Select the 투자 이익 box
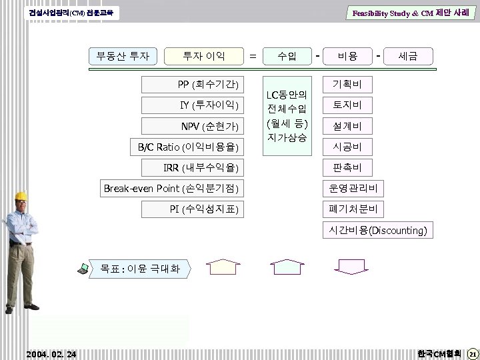(x=205, y=56)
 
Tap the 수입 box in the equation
(x=287, y=57)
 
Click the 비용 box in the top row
(x=347, y=57)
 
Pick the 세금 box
(x=408, y=57)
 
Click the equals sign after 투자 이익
(x=253, y=57)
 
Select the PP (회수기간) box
(x=203, y=85)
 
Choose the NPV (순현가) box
(x=203, y=126)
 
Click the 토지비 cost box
(x=347, y=105)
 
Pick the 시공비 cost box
(x=347, y=147)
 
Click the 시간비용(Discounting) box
(x=377, y=231)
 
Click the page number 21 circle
(x=471, y=353)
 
